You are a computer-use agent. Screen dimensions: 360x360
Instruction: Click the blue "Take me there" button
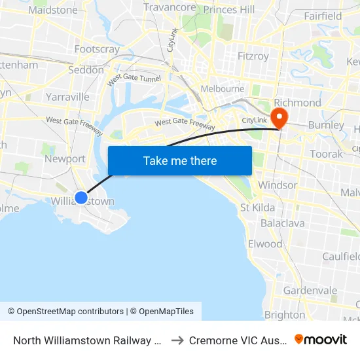point(180,160)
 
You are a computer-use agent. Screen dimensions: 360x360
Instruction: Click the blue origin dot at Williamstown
point(81,197)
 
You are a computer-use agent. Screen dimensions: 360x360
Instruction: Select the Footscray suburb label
point(97,49)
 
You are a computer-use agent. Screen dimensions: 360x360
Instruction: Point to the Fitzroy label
point(253,56)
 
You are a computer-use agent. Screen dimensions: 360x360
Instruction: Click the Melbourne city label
point(222,88)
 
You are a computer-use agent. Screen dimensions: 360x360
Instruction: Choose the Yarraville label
point(67,97)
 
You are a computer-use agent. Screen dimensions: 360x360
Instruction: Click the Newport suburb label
point(65,158)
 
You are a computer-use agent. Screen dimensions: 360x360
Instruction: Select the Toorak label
point(327,154)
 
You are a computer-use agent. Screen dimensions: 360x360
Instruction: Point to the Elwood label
point(265,243)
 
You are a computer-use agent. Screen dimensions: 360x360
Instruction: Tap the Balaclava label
point(283,223)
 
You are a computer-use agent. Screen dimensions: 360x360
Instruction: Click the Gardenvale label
point(310,290)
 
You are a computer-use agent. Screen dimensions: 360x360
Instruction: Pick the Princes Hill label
point(229,9)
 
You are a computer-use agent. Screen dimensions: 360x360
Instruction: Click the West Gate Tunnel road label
point(134,79)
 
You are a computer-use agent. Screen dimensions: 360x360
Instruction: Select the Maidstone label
point(53,10)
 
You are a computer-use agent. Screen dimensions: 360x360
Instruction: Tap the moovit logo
point(321,340)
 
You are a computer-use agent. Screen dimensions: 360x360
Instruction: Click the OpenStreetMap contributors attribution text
point(65,312)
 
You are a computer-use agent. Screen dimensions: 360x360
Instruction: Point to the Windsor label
point(278,185)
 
